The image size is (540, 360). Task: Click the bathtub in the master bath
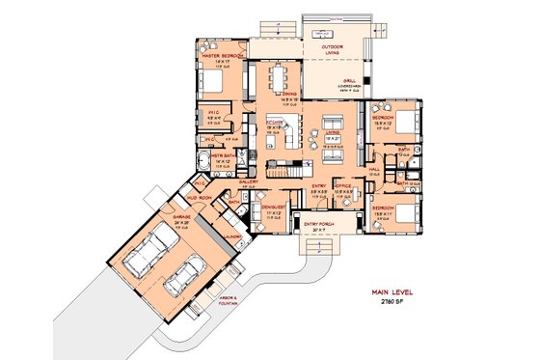pyautogui.click(x=203, y=161)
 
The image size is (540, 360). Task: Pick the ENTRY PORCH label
pyautogui.click(x=317, y=226)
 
